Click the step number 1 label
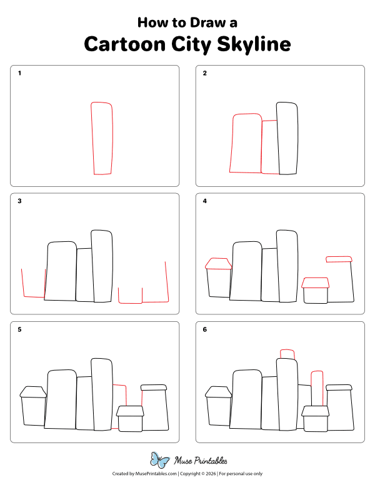click(20, 74)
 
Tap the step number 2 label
click(204, 74)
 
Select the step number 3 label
click(20, 201)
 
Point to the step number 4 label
click(204, 201)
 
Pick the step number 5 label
click(20, 329)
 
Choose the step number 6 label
click(204, 329)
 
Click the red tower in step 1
click(103, 138)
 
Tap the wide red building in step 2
click(246, 143)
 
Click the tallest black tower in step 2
click(287, 138)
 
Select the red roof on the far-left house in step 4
click(218, 264)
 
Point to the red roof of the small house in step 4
click(316, 283)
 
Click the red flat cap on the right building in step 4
click(339, 259)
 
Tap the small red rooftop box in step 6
click(287, 354)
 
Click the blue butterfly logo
click(160, 461)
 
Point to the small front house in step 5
click(130, 418)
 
